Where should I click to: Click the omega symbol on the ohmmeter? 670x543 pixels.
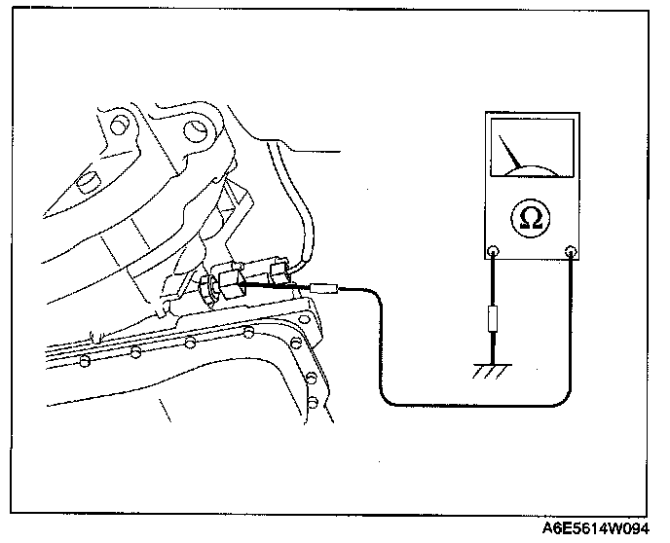(x=532, y=217)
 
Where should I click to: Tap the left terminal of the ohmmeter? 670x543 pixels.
(x=495, y=250)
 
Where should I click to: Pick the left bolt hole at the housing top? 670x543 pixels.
(x=121, y=126)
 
